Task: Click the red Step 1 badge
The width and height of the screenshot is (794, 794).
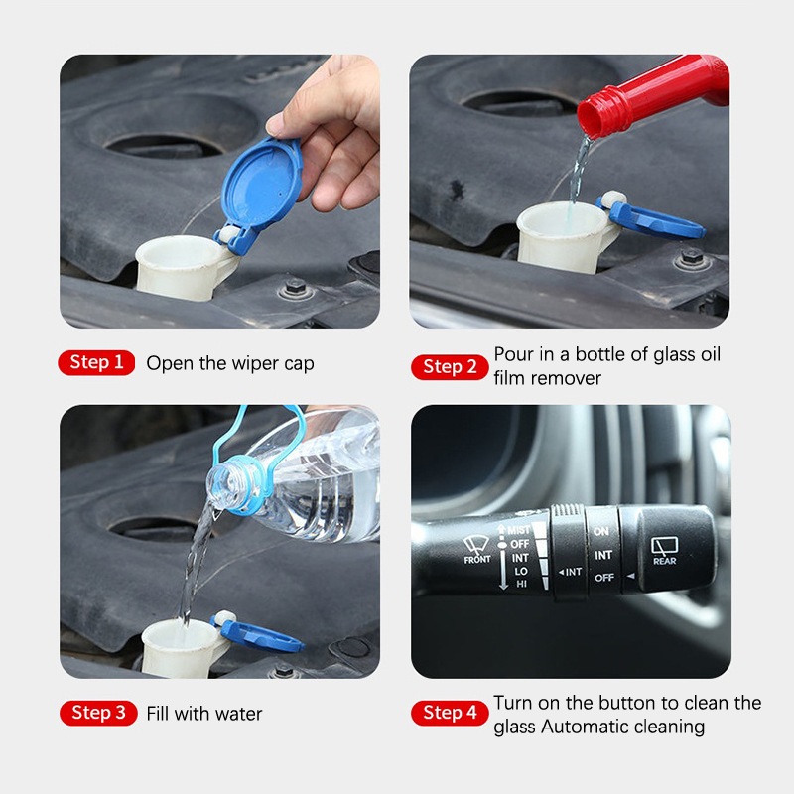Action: tap(96, 362)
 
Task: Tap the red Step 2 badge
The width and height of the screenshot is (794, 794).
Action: tap(450, 366)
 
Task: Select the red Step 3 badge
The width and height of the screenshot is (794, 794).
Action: tap(98, 713)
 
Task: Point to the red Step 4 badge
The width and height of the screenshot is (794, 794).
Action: tap(450, 713)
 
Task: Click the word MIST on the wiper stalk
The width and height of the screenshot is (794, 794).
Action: tap(518, 530)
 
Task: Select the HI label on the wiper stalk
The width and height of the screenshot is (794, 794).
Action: tap(522, 584)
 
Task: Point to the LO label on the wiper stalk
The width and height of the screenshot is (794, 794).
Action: tap(521, 571)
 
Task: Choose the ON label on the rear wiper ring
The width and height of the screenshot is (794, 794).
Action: tap(601, 531)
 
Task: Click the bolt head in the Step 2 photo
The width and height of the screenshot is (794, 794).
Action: tap(692, 257)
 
